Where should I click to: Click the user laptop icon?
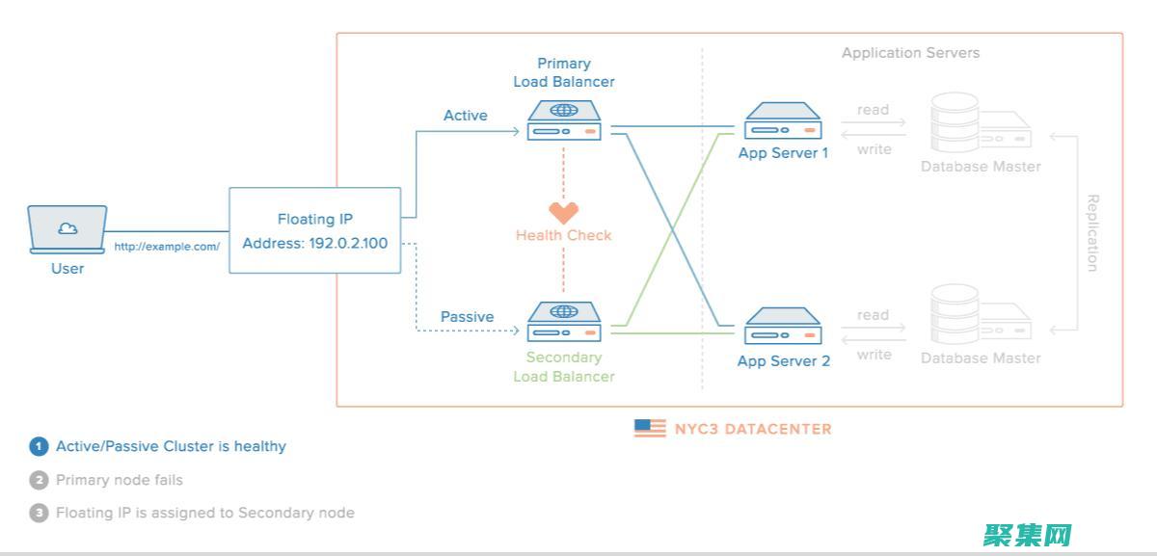tap(67, 229)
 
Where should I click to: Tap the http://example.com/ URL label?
tap(167, 247)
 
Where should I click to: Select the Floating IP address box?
tap(314, 231)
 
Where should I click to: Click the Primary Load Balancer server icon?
tap(564, 121)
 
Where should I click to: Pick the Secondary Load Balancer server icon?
tap(564, 322)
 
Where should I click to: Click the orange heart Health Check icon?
tap(563, 213)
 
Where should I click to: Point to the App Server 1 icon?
tap(783, 121)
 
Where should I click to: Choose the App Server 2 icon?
tap(783, 326)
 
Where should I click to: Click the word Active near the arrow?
tap(466, 116)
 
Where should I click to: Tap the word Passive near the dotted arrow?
tap(467, 317)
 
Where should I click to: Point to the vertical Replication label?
tap(1092, 233)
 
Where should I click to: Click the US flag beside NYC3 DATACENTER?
tap(650, 428)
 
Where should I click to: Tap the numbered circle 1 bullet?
tap(39, 446)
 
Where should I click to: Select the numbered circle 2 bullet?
tap(39, 480)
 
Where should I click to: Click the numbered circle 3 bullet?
tap(39, 513)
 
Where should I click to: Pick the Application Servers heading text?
tap(910, 53)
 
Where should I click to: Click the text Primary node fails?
tap(120, 480)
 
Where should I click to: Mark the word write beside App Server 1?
tap(874, 149)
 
